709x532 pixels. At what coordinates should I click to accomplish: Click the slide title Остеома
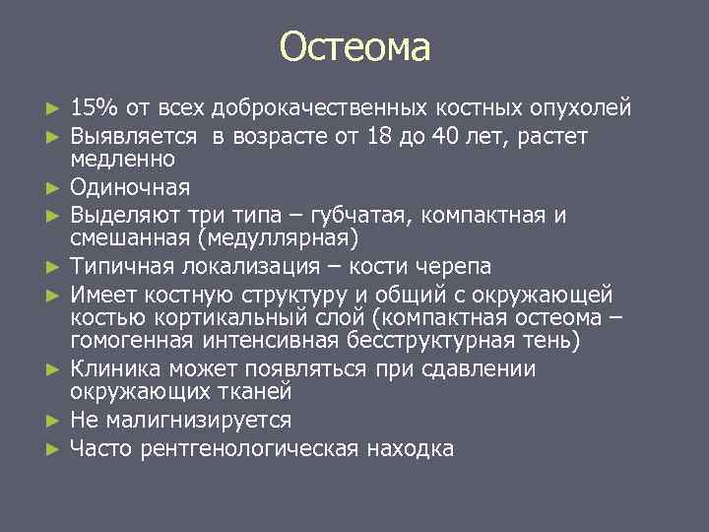354,46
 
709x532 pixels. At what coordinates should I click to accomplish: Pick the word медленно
122,160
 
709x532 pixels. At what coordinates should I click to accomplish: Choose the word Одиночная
130,187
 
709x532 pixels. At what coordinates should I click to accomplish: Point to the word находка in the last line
410,449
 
